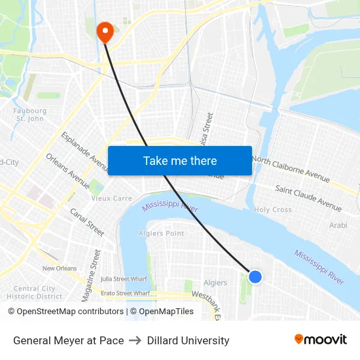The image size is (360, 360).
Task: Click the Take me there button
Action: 180,160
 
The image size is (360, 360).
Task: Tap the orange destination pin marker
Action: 105,30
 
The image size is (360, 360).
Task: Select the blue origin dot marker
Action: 255,277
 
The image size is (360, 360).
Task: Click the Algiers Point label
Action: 162,233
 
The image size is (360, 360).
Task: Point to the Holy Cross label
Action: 273,209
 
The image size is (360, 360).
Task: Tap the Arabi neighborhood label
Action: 338,225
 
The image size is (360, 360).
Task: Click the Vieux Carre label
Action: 111,198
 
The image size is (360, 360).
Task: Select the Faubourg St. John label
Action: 30,115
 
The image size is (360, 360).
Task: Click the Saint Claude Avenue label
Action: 308,198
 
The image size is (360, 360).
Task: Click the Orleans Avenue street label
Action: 67,170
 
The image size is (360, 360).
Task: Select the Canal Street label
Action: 87,222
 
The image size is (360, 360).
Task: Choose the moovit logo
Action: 320,339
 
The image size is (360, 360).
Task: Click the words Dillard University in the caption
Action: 188,340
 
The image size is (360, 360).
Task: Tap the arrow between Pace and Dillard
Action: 135,340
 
